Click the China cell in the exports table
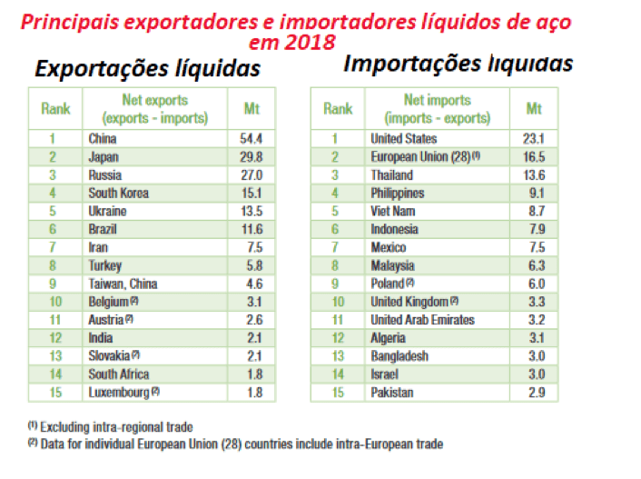[x=103, y=139]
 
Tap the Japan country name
[x=104, y=156]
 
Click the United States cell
[x=403, y=139]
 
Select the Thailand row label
[x=391, y=175]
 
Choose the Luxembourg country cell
[x=118, y=392]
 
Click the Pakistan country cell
[x=391, y=392]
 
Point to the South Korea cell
[x=118, y=193]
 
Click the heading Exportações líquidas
[x=147, y=69]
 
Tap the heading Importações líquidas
[x=458, y=64]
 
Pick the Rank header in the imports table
[x=338, y=109]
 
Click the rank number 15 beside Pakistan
[x=338, y=392]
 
